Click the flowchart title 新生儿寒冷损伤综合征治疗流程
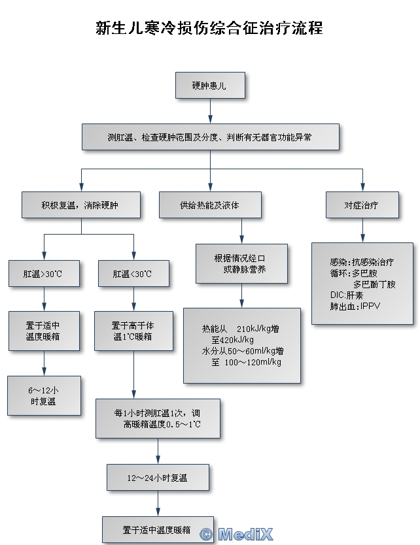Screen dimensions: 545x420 pyautogui.click(x=209, y=29)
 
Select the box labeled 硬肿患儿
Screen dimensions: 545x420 pyautogui.click(x=209, y=86)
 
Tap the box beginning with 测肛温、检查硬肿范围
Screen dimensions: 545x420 pyautogui.click(x=210, y=137)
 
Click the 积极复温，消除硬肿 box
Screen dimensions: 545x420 pyautogui.click(x=80, y=205)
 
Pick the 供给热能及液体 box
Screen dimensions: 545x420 pyautogui.click(x=209, y=205)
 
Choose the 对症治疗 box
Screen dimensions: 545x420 pyautogui.click(x=362, y=205)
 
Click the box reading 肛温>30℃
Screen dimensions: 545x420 pyautogui.click(x=43, y=274)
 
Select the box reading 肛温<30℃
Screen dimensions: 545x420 pyautogui.click(x=133, y=274)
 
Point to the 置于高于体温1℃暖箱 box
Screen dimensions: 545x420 pyautogui.click(x=133, y=331)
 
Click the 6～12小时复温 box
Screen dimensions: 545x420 pyautogui.click(x=43, y=396)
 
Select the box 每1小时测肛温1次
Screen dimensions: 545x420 pyautogui.click(x=157, y=418)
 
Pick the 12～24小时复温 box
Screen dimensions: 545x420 pyautogui.click(x=158, y=478)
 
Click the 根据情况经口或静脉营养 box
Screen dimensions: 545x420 pyautogui.click(x=241, y=263)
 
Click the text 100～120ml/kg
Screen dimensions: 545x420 pyautogui.click(x=253, y=362)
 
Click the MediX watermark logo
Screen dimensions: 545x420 pyautogui.click(x=237, y=535)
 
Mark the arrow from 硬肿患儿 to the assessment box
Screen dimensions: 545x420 pyautogui.click(x=209, y=112)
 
